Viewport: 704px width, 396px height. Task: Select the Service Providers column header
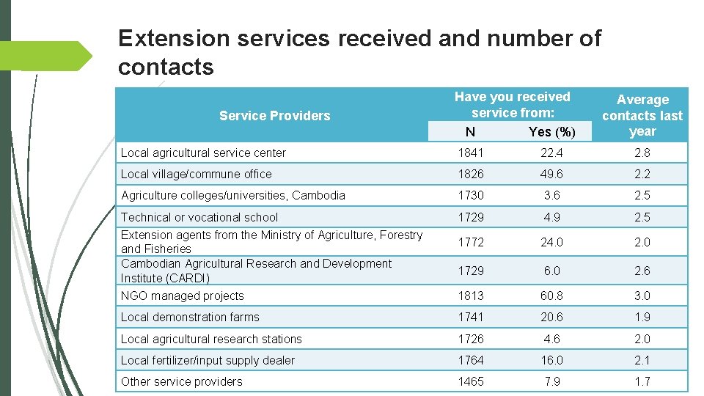pos(274,116)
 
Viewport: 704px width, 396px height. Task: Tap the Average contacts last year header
pos(642,115)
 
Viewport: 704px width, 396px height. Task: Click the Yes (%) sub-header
pos(551,132)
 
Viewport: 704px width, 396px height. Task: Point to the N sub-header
pos(470,132)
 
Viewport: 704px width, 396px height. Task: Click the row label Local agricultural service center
pos(203,153)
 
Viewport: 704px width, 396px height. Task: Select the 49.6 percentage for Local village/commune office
pos(551,175)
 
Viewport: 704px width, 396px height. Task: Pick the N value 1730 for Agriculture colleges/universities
pos(470,196)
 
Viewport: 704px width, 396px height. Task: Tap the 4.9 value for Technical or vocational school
pos(551,217)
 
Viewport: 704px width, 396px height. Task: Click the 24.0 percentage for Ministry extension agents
pos(551,242)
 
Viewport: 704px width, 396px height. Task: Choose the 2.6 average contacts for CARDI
pos(642,271)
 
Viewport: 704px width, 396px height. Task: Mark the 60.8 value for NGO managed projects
pos(551,296)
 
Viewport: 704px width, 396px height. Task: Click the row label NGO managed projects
pos(182,296)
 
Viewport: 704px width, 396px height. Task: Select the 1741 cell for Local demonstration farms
pos(470,317)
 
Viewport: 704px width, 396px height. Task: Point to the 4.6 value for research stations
pos(551,339)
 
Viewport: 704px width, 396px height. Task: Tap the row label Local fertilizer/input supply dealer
pos(208,361)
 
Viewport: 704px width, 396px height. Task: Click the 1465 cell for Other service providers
pos(470,381)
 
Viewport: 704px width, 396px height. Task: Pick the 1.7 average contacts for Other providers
pos(642,381)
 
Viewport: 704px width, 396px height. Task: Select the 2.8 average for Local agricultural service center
pos(642,153)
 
